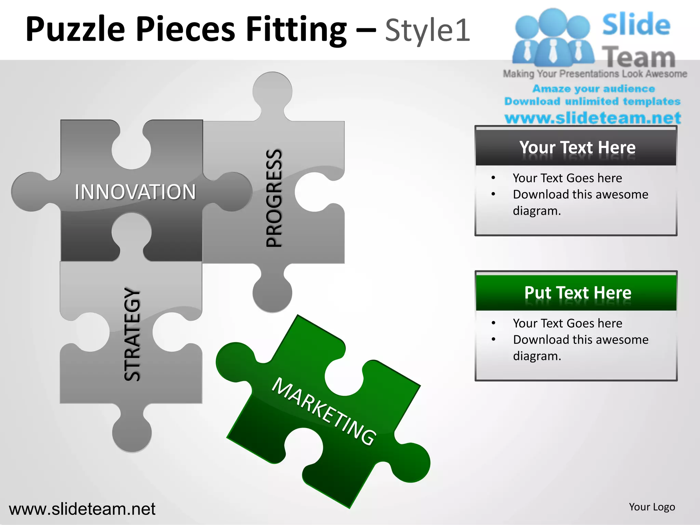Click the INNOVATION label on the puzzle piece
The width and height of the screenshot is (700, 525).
pyautogui.click(x=135, y=192)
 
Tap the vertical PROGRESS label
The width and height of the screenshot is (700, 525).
pyautogui.click(x=274, y=198)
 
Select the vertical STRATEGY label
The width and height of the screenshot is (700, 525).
pyautogui.click(x=132, y=335)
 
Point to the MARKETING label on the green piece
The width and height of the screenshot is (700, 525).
pyautogui.click(x=324, y=411)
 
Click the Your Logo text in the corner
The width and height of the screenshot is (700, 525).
pyautogui.click(x=652, y=507)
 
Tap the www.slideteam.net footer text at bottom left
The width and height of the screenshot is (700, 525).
pyautogui.click(x=82, y=509)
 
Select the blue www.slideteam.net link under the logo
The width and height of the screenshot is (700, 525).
pyautogui.click(x=593, y=118)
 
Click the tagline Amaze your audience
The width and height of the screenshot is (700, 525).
pyautogui.click(x=594, y=89)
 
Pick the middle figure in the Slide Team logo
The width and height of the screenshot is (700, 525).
pyautogui.click(x=553, y=38)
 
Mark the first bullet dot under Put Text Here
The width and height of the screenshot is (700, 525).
pyautogui.click(x=493, y=323)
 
